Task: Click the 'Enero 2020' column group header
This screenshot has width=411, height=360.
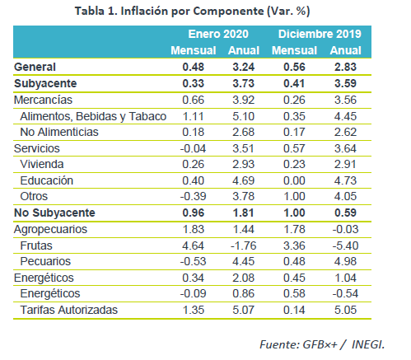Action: click(218, 34)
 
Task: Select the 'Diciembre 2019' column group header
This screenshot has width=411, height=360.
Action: click(320, 34)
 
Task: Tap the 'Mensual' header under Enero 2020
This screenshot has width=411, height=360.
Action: click(194, 50)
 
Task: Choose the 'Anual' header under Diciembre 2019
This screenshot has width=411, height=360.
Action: click(345, 50)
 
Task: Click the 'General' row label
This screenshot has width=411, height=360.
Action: click(35, 67)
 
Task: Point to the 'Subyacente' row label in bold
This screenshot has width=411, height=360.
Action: click(45, 83)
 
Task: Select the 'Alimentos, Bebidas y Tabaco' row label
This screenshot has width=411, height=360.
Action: click(93, 116)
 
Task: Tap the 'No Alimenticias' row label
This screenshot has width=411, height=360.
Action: click(59, 132)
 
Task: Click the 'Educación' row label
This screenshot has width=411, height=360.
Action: click(47, 180)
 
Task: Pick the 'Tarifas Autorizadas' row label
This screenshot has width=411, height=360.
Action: click(69, 310)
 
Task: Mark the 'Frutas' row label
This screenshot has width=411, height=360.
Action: click(36, 245)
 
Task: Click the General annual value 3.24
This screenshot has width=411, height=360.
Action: click(244, 67)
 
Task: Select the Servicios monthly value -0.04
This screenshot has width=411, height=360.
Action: click(193, 148)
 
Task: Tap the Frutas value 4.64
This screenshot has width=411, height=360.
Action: click(193, 245)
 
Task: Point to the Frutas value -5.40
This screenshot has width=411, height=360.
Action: click(345, 245)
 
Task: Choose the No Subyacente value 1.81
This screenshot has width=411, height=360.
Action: click(244, 213)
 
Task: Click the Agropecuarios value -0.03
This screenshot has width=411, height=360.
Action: click(345, 229)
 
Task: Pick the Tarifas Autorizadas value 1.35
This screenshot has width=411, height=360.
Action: click(194, 310)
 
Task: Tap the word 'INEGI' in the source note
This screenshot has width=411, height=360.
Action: click(368, 344)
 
